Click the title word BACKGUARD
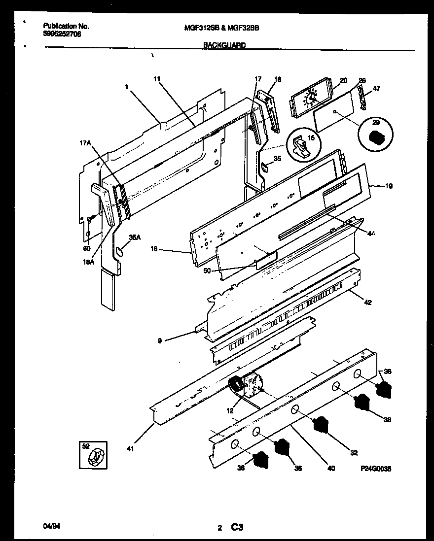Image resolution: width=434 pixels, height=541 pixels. (x=225, y=44)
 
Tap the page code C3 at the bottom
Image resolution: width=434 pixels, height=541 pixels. (x=237, y=528)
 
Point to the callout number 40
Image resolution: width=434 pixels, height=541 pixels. (x=331, y=469)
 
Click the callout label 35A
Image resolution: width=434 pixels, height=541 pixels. (x=135, y=237)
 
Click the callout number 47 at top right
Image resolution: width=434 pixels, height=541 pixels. (x=376, y=89)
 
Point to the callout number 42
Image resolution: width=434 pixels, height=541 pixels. (x=368, y=302)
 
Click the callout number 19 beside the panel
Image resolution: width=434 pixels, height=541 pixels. (x=389, y=186)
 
